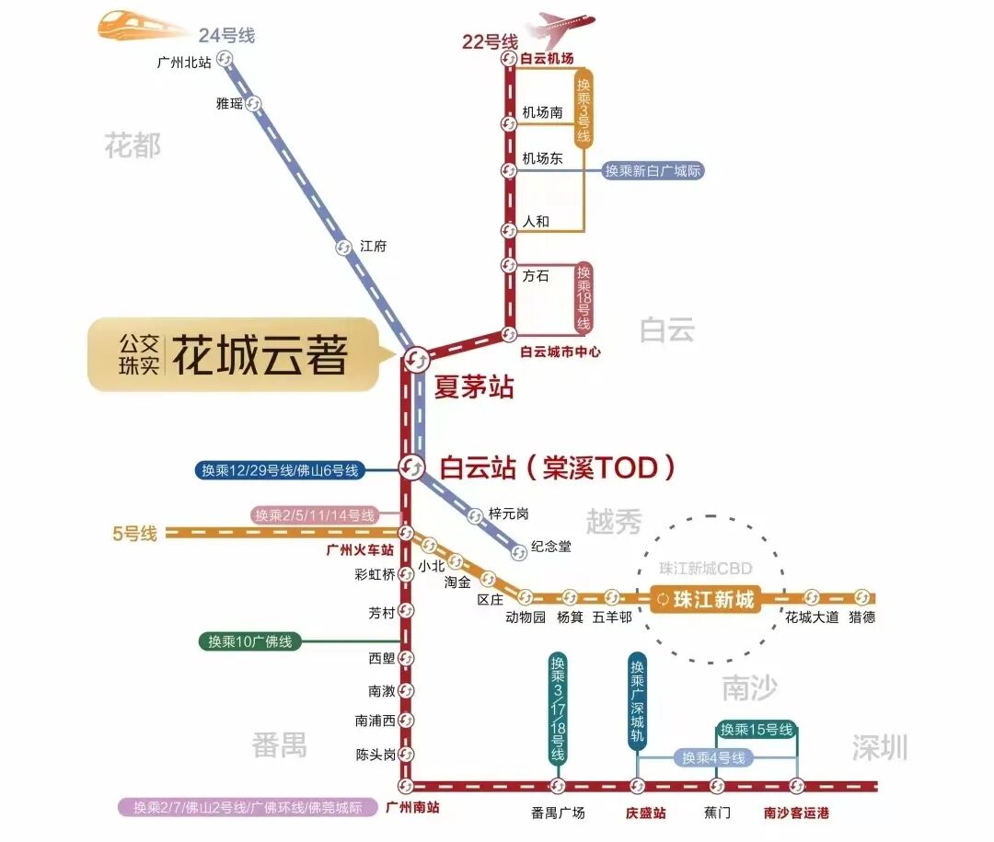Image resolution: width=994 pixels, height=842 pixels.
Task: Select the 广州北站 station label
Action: point(184,63)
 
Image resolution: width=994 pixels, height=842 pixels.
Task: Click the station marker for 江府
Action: point(343,247)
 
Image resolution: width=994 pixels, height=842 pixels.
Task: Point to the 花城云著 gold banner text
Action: point(260,355)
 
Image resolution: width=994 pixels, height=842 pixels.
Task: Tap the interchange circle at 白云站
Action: point(411,467)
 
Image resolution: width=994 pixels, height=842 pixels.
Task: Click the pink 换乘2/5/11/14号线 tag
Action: point(315,515)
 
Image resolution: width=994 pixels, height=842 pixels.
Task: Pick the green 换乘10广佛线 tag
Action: point(250,641)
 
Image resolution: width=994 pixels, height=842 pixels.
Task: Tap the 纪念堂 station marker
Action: point(519,552)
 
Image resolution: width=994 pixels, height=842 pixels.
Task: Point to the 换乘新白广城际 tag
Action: point(653,171)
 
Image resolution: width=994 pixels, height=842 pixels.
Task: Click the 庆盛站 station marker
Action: point(637,786)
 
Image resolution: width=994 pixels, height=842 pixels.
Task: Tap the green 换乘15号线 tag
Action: point(756,730)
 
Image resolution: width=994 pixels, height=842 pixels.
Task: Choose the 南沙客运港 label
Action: point(797,813)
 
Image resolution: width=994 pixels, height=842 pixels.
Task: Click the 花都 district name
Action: point(133,145)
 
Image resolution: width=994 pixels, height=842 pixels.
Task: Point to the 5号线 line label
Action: point(135,533)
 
